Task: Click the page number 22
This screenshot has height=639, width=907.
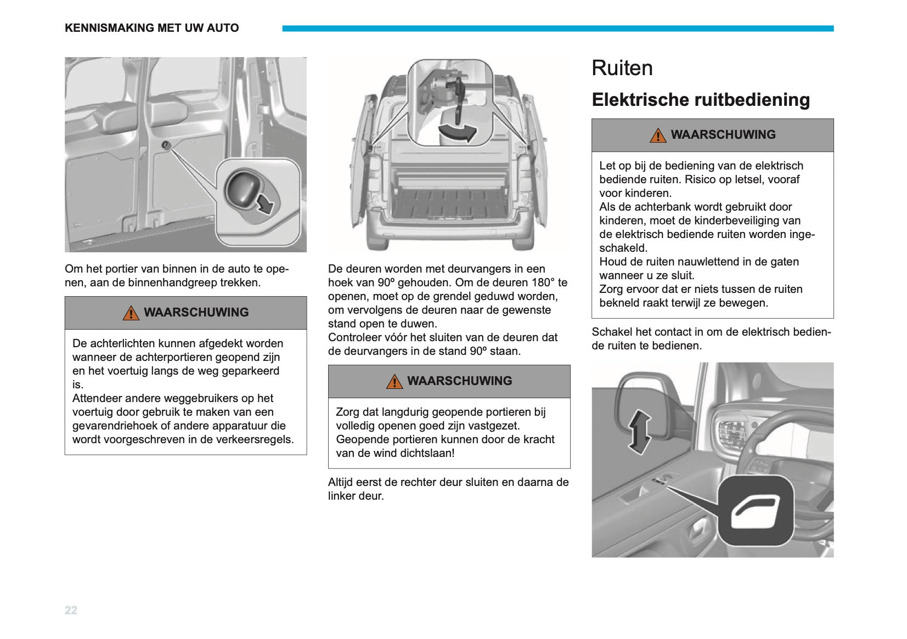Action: pyautogui.click(x=71, y=610)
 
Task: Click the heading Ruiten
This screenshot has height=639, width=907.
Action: pyautogui.click(x=622, y=68)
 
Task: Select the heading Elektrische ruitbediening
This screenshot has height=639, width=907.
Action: pyautogui.click(x=701, y=100)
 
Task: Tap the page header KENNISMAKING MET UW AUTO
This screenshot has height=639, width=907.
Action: pyautogui.click(x=152, y=28)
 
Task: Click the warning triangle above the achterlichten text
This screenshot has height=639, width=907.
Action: pyautogui.click(x=131, y=313)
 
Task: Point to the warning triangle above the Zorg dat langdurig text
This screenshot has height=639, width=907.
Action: pyautogui.click(x=395, y=382)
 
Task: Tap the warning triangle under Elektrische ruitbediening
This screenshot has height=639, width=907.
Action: pyautogui.click(x=658, y=135)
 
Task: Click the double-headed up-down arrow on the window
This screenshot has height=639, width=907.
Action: pyautogui.click(x=639, y=432)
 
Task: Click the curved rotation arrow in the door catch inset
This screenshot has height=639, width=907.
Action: pyautogui.click(x=458, y=132)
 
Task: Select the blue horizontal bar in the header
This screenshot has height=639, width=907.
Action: pyautogui.click(x=558, y=29)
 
